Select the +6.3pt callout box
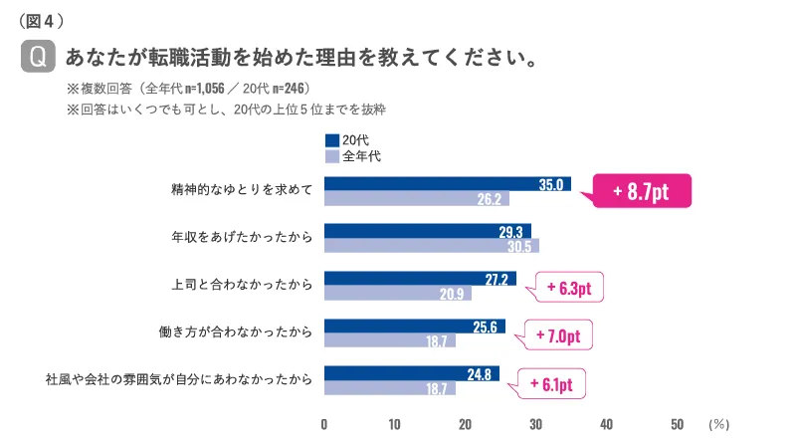pyautogui.click(x=569, y=289)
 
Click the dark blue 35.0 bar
pyautogui.click(x=448, y=184)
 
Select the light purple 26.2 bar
pyautogui.click(x=417, y=199)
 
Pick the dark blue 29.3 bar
pyautogui.click(x=428, y=231)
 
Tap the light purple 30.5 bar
pyautogui.click(x=432, y=246)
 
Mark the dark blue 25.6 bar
pyautogui.click(x=414, y=326)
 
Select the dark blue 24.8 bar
pyautogui.click(x=412, y=373)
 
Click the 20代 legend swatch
pyautogui.click(x=332, y=140)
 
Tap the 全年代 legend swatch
pyautogui.click(x=332, y=156)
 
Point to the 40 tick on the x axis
pyautogui.click(x=606, y=423)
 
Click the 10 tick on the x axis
pyautogui.click(x=395, y=423)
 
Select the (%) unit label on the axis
pyautogui.click(x=718, y=423)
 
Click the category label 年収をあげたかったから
pyautogui.click(x=243, y=238)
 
